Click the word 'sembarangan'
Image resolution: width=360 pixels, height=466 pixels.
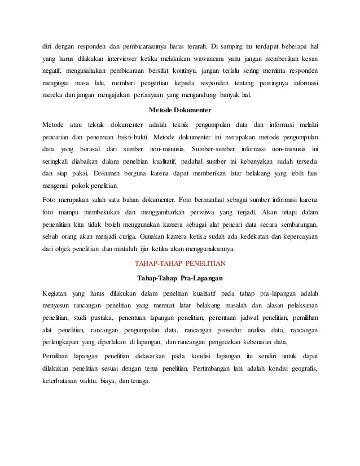tap(295, 226)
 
